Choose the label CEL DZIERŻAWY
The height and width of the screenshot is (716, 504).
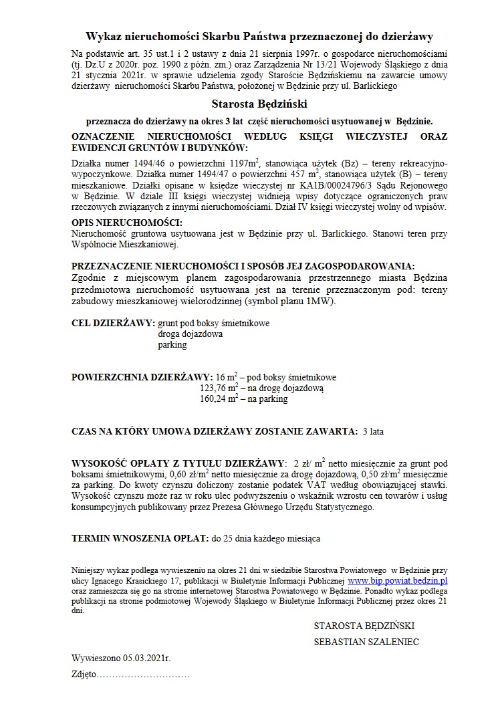[113, 323]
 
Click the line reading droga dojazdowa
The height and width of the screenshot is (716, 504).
[190, 334]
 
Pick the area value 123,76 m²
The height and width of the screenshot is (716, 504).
[220, 388]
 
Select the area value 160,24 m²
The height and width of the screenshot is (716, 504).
[220, 399]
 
